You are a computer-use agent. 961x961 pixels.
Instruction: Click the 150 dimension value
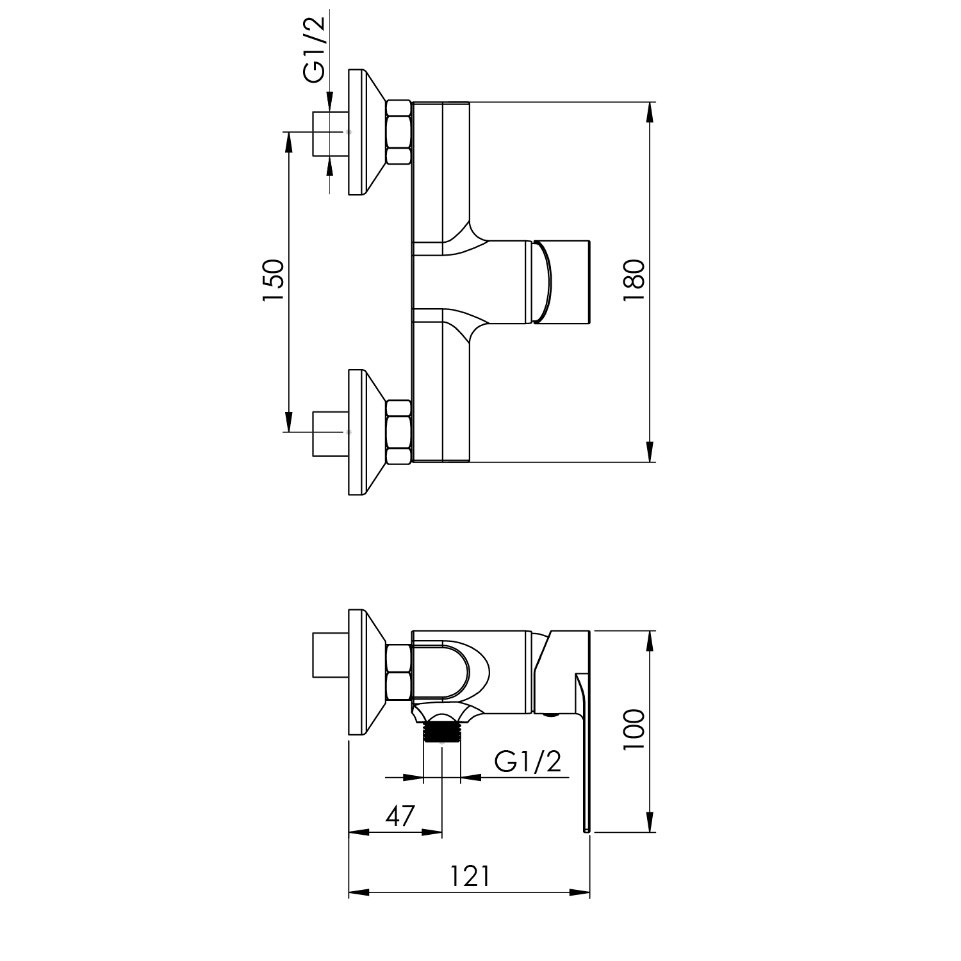click(x=272, y=281)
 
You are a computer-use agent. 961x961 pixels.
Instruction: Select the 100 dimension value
click(x=634, y=731)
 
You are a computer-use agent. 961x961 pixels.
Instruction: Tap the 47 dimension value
click(x=400, y=816)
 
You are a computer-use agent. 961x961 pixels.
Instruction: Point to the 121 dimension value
click(x=469, y=876)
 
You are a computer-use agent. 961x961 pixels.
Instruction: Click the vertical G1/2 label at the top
click(x=315, y=49)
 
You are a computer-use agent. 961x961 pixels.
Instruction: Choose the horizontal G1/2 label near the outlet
click(x=528, y=761)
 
